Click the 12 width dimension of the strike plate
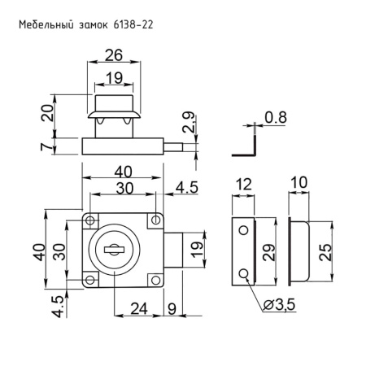[243, 186]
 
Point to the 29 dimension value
[269, 252]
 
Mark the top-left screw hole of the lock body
[90, 220]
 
